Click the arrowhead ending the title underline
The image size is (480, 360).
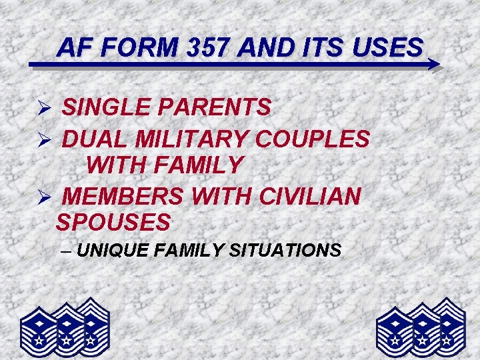[x=433, y=65]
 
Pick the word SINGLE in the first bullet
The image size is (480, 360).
[x=108, y=107]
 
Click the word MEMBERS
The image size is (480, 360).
[x=125, y=197]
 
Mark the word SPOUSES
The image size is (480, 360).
[x=113, y=221]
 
